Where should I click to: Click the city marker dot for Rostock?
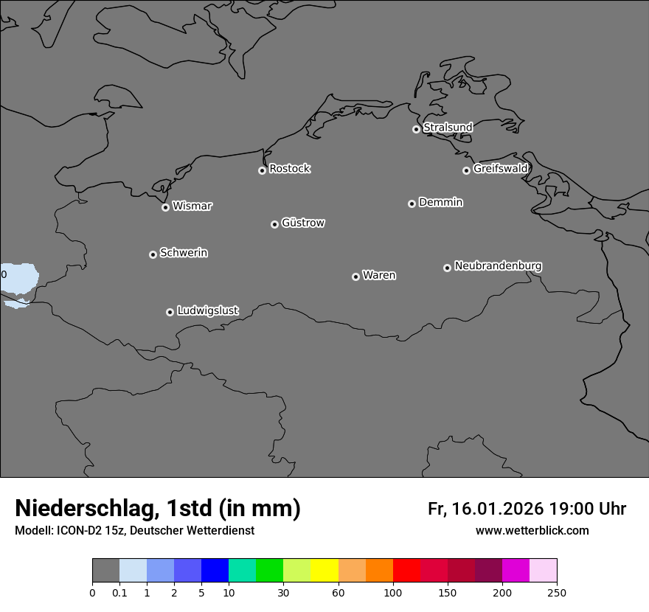pos(262,170)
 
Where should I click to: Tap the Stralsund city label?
pos(448,128)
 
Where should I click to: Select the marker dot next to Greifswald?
pos(466,170)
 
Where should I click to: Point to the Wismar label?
pos(192,206)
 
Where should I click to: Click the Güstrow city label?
pos(303,223)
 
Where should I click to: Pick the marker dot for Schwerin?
pos(153,254)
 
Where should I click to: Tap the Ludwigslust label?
pos(208,311)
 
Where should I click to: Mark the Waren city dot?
pos(355,277)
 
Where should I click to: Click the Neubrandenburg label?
pos(498,266)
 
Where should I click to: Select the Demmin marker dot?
pos(412,204)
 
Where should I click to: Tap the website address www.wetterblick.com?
pos(532,531)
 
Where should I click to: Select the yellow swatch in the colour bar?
pos(324,571)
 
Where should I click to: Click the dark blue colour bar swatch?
pos(215,571)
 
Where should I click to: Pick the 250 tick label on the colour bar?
pos(557,592)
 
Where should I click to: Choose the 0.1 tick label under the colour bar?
pos(119,592)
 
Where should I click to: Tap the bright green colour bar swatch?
pos(269,571)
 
